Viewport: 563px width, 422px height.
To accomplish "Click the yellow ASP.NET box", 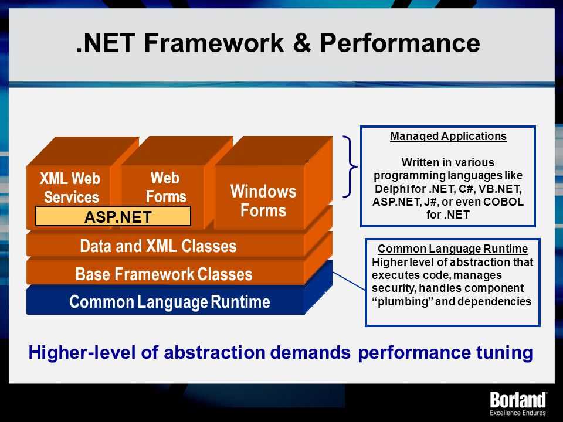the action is point(113,216).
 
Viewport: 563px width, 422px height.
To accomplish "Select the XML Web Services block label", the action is point(70,188).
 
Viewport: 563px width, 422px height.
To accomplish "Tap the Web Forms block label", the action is point(165,187).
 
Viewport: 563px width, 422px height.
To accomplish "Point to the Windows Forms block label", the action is point(263,200).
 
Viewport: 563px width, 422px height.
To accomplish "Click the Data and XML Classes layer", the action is point(158,246).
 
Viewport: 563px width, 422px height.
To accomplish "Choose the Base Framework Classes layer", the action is point(164,274).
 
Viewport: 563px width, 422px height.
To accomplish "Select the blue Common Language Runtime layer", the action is point(169,301).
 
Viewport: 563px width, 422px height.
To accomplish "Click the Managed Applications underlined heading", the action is point(448,137).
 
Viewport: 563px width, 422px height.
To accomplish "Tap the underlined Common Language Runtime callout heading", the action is point(452,249).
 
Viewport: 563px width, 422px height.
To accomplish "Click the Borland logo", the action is point(518,400).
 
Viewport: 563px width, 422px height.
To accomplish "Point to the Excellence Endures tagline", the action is point(518,413).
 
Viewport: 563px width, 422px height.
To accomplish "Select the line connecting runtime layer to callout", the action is point(350,281).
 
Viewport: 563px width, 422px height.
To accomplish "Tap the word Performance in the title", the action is point(399,43).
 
